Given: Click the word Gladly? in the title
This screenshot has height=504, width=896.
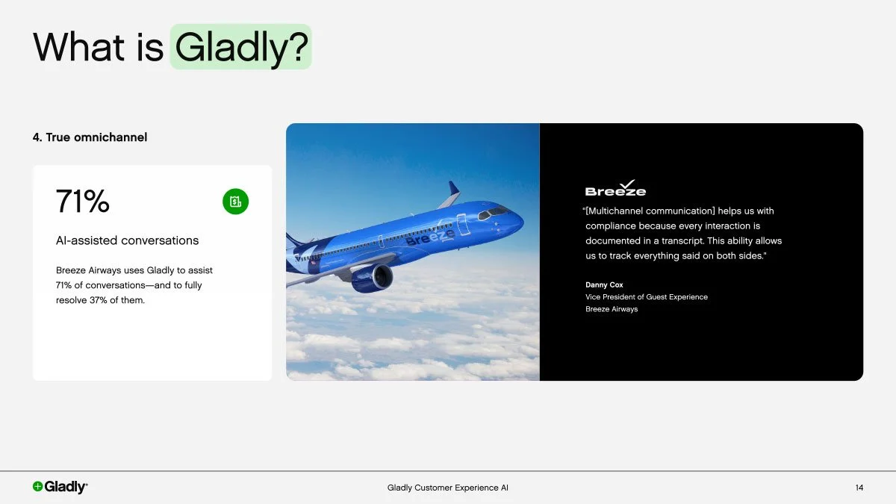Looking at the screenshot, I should (240, 46).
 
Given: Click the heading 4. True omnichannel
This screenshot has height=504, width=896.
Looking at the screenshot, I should (90, 137).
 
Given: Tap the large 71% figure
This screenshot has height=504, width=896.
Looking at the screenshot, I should (83, 202).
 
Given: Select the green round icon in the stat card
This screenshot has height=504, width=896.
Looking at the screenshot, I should (235, 201).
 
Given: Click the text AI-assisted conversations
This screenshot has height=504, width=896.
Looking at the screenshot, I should (127, 240).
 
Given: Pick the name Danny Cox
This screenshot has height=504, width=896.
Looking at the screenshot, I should (604, 284).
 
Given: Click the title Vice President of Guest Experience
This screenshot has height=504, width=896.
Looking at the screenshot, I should (646, 297).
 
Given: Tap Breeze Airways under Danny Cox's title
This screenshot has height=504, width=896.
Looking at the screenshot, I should (612, 309).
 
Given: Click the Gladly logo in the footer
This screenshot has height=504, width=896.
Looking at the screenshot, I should (60, 487).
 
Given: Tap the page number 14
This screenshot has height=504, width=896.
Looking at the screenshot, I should (859, 488).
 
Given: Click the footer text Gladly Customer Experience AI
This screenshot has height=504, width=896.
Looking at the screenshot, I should (448, 488).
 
